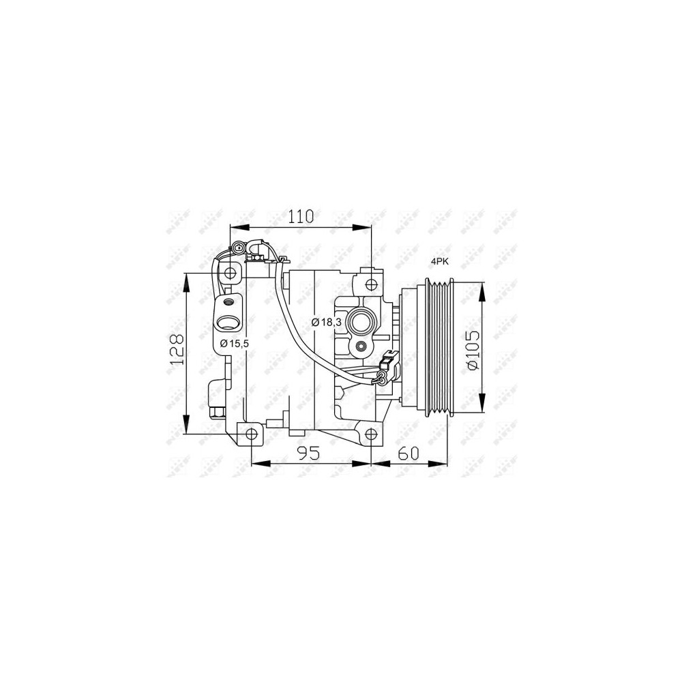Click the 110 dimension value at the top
(x=300, y=217)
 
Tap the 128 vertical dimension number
(x=177, y=349)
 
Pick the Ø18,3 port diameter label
(x=326, y=322)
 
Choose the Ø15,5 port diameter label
(x=234, y=342)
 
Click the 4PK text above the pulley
(x=440, y=261)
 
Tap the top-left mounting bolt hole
(x=231, y=273)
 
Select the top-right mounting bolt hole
(x=371, y=284)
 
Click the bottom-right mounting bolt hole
(x=370, y=434)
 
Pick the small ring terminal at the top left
(x=238, y=248)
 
